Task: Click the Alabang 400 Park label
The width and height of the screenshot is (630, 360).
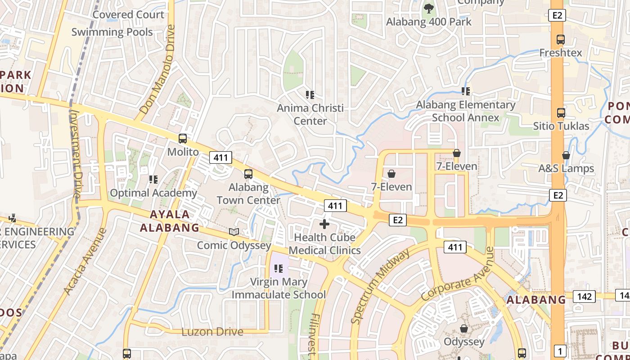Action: pos(429,22)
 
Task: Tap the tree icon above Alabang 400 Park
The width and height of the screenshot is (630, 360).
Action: pos(428,8)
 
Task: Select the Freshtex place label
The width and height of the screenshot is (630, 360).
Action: pos(561,53)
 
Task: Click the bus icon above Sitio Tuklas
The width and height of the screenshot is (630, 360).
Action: pos(561,112)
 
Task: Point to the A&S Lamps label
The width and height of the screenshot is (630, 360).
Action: pos(566,168)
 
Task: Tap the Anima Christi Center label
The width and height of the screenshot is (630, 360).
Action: pos(310,114)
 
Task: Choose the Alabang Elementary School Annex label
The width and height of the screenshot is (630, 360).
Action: pos(466,111)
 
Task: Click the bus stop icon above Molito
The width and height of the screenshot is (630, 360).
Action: pos(183,139)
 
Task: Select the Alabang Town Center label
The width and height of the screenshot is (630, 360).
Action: pos(248,193)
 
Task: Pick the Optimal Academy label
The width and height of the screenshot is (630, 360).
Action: pos(153,193)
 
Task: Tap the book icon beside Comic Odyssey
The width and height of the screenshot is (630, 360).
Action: pos(234,232)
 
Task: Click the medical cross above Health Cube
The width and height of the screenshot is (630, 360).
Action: pos(324,224)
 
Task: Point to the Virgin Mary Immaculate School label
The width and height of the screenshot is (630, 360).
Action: pos(279,288)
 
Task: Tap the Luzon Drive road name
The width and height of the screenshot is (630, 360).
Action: pos(212,332)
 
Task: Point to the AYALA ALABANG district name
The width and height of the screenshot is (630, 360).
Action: pos(169,221)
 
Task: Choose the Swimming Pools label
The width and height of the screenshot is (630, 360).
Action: pos(112,32)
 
